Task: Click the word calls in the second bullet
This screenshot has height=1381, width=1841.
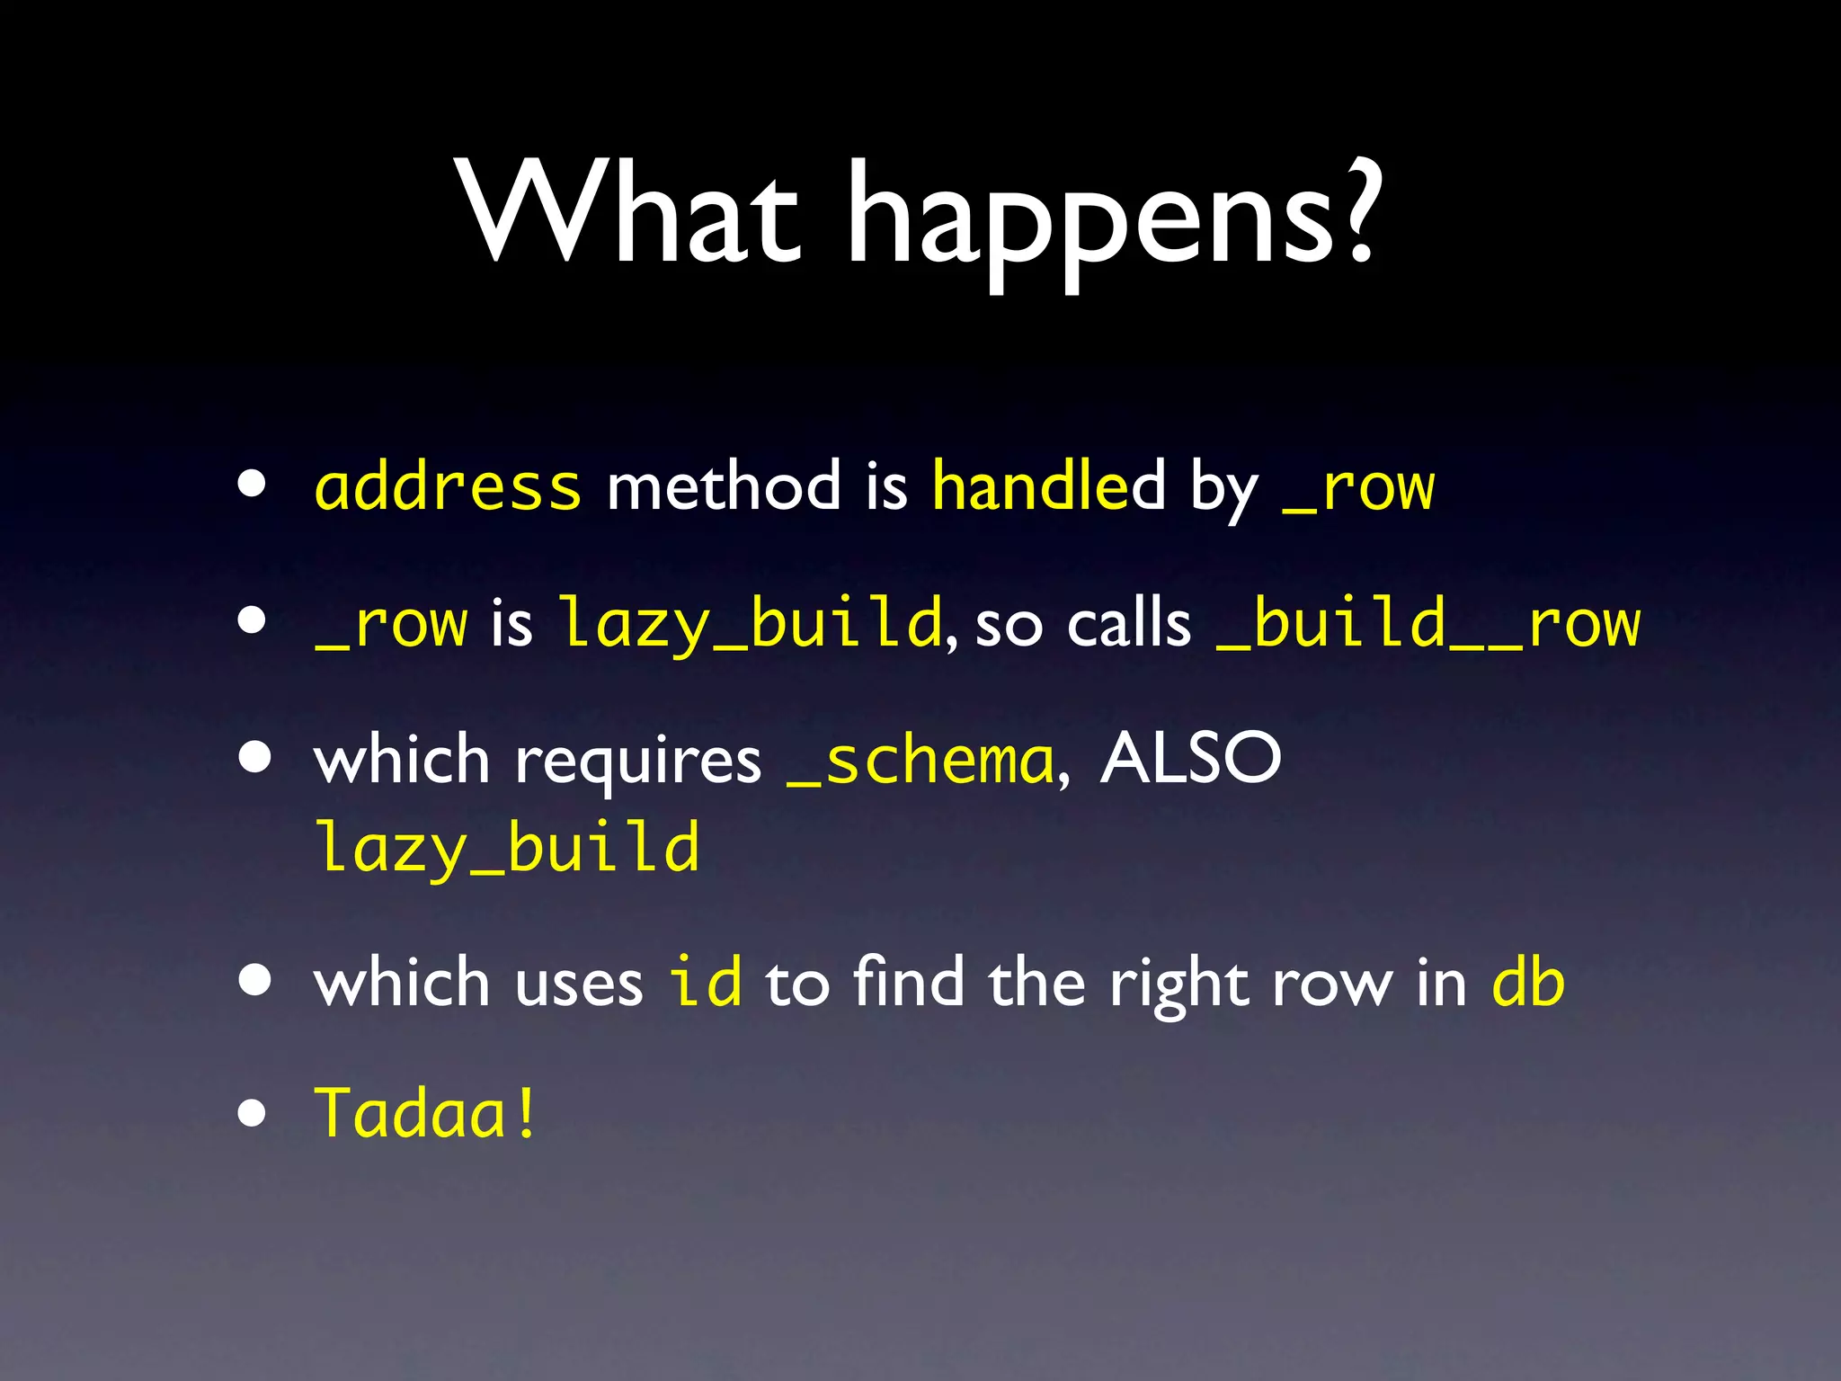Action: [x=1129, y=623]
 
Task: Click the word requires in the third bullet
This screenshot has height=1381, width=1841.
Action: [x=638, y=761]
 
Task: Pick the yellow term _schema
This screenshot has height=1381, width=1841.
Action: [x=920, y=761]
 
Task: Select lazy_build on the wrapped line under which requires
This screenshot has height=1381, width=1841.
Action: [x=507, y=848]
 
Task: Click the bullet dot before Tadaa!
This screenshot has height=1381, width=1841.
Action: [x=253, y=1114]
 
